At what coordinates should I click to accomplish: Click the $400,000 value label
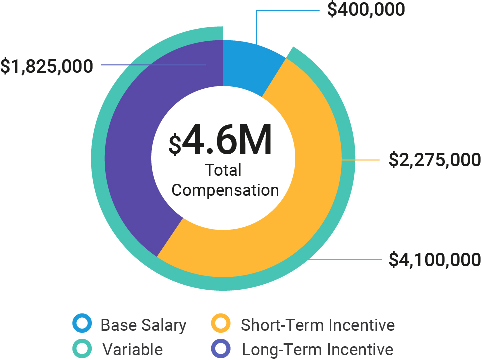coord(366,10)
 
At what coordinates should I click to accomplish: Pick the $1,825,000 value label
coord(47,66)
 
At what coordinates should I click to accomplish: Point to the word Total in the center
coord(223,170)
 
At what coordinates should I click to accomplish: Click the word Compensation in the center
coord(225,190)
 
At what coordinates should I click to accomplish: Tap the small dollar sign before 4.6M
coord(175,144)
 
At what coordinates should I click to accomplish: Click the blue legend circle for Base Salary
coord(82,324)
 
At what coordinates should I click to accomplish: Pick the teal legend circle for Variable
coord(82,348)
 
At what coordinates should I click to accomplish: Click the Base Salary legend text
coord(143,325)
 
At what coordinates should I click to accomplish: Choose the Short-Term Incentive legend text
coord(318,325)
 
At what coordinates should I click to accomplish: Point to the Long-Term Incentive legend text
coord(318,349)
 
